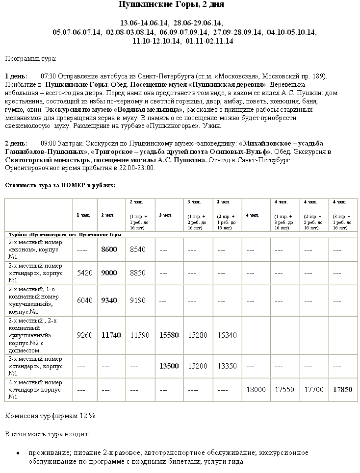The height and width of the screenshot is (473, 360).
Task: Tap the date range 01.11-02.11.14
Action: [209, 41]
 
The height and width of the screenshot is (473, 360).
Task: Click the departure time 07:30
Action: [49, 76]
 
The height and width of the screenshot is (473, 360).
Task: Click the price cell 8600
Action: [109, 249]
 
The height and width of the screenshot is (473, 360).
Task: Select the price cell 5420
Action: [85, 273]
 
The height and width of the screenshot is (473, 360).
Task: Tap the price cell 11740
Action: [111, 335]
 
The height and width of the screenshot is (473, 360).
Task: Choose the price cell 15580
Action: [169, 335]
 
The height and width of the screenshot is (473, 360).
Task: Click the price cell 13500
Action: [169, 366]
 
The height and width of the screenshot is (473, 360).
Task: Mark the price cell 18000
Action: [256, 390]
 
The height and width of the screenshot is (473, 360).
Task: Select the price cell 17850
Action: [342, 390]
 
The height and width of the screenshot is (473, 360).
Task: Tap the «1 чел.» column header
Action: [83, 215]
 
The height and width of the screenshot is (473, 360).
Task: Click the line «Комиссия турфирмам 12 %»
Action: [50, 416]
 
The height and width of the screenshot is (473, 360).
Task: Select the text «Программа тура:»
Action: [30, 59]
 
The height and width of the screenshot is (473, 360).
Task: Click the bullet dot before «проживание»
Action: [18, 453]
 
